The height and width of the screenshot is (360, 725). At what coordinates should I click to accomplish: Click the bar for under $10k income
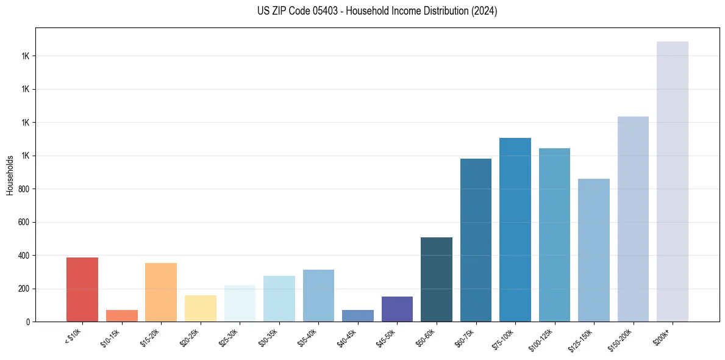(82, 290)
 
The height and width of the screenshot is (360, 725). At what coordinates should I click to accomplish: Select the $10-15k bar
(121, 316)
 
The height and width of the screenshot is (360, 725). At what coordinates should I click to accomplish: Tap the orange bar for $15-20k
(161, 292)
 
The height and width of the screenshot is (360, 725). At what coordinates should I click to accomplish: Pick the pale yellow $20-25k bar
(201, 309)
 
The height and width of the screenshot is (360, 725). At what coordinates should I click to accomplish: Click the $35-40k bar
(318, 296)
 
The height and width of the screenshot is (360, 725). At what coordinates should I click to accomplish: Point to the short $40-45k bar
(358, 316)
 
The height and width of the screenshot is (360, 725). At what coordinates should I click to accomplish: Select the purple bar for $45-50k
(397, 309)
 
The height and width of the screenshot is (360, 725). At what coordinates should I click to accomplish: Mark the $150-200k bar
(633, 219)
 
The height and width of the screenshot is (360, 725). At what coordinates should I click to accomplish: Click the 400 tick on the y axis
(24, 256)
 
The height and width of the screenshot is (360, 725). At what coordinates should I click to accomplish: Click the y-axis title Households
(10, 175)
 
